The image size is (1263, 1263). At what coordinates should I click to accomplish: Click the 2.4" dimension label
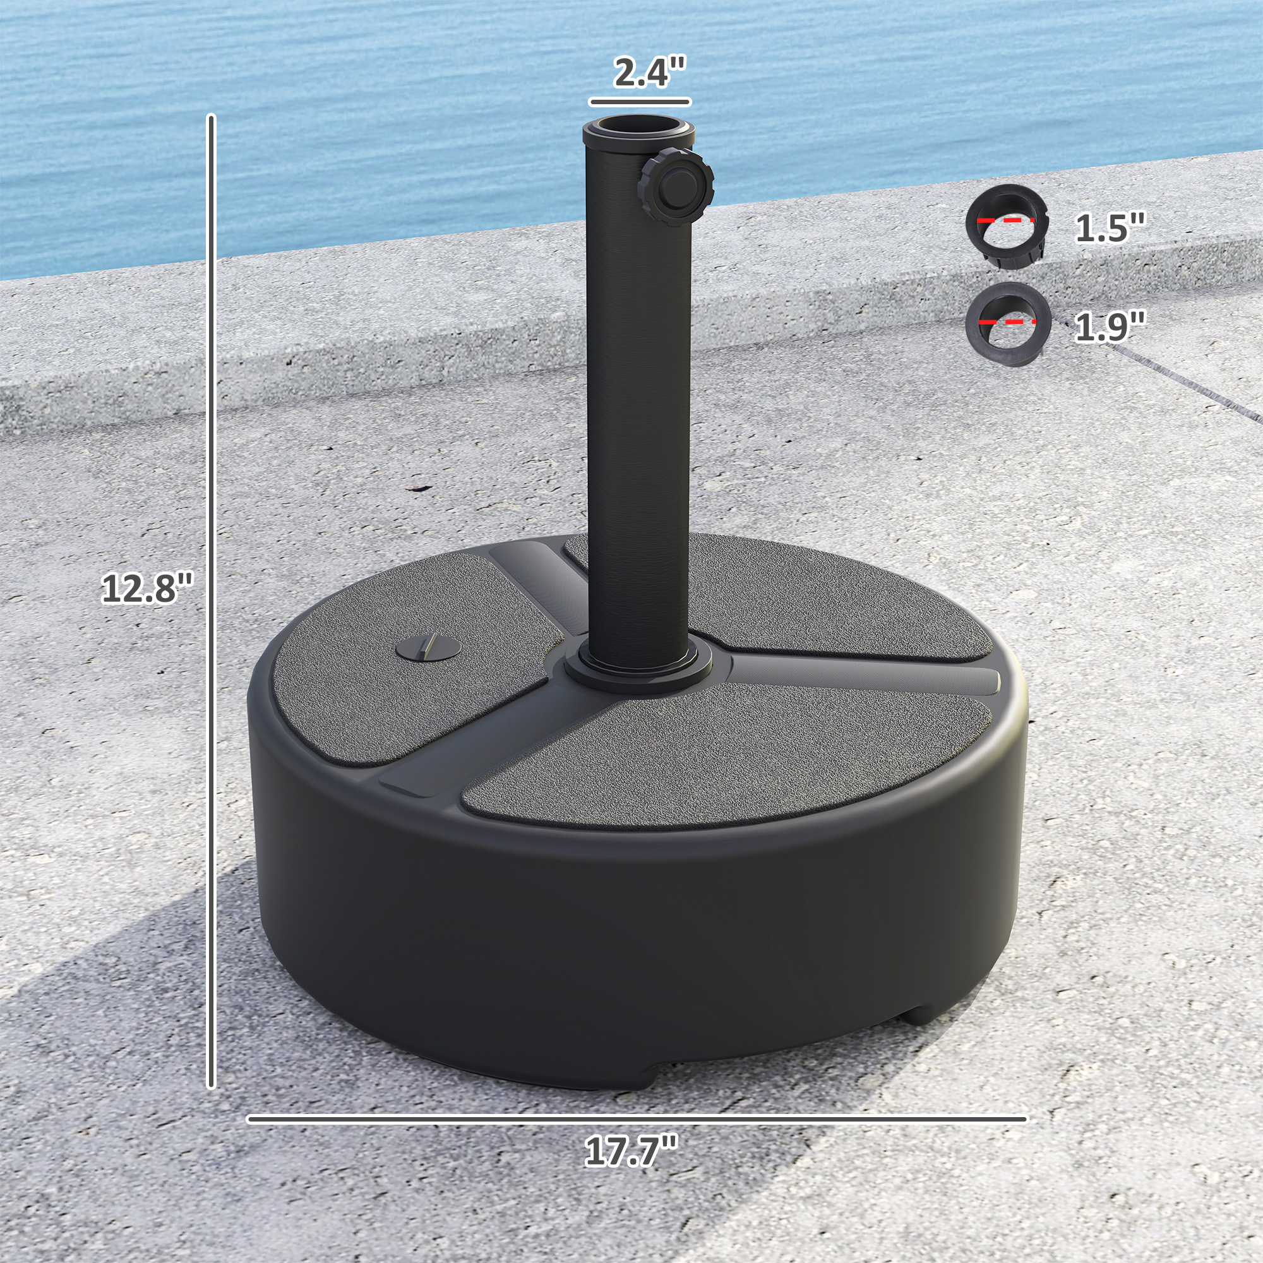[649, 72]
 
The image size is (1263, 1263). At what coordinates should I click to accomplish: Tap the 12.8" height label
[148, 589]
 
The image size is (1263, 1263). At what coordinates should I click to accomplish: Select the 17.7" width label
[631, 1152]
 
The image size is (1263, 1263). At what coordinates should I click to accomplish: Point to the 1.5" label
[1110, 228]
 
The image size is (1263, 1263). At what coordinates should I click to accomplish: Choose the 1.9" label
[1110, 326]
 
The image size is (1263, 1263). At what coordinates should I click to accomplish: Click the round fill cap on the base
[428, 649]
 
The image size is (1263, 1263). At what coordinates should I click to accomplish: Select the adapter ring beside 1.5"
[1007, 225]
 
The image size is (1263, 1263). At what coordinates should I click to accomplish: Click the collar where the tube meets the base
[638, 670]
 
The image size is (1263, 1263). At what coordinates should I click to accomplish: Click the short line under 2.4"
[639, 102]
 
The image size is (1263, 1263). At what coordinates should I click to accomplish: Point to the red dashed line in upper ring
[1006, 220]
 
